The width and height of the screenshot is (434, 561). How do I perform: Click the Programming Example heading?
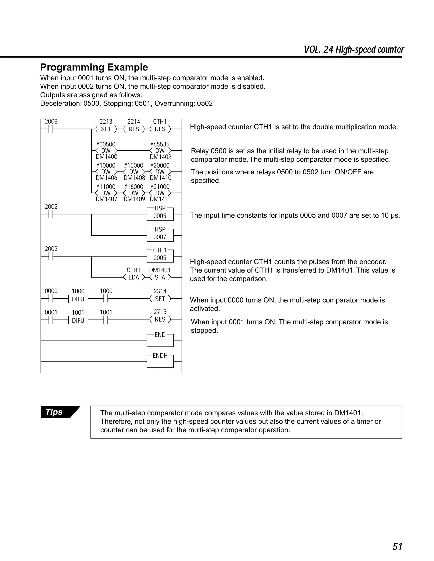pyautogui.click(x=94, y=67)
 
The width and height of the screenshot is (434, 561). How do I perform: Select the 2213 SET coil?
pyautogui.click(x=106, y=129)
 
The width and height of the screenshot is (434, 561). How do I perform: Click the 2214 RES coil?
pyautogui.click(x=134, y=129)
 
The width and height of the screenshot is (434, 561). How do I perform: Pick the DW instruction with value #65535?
pyautogui.click(x=160, y=151)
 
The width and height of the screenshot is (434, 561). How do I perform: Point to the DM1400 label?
pyautogui.click(x=106, y=157)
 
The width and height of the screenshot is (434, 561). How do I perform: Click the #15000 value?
pyautogui.click(x=134, y=165)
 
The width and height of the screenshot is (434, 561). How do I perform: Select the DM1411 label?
pyautogui.click(x=160, y=199)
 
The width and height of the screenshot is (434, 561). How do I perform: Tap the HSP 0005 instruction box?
pyautogui.click(x=160, y=214)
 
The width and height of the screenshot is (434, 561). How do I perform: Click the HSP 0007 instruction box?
pyautogui.click(x=160, y=235)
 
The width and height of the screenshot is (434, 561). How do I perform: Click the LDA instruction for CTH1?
pyautogui.click(x=134, y=277)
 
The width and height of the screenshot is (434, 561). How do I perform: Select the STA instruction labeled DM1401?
pyautogui.click(x=160, y=277)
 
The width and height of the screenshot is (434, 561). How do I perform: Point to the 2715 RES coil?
pyautogui.click(x=160, y=319)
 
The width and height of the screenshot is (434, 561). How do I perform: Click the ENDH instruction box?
pyautogui.click(x=160, y=361)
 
